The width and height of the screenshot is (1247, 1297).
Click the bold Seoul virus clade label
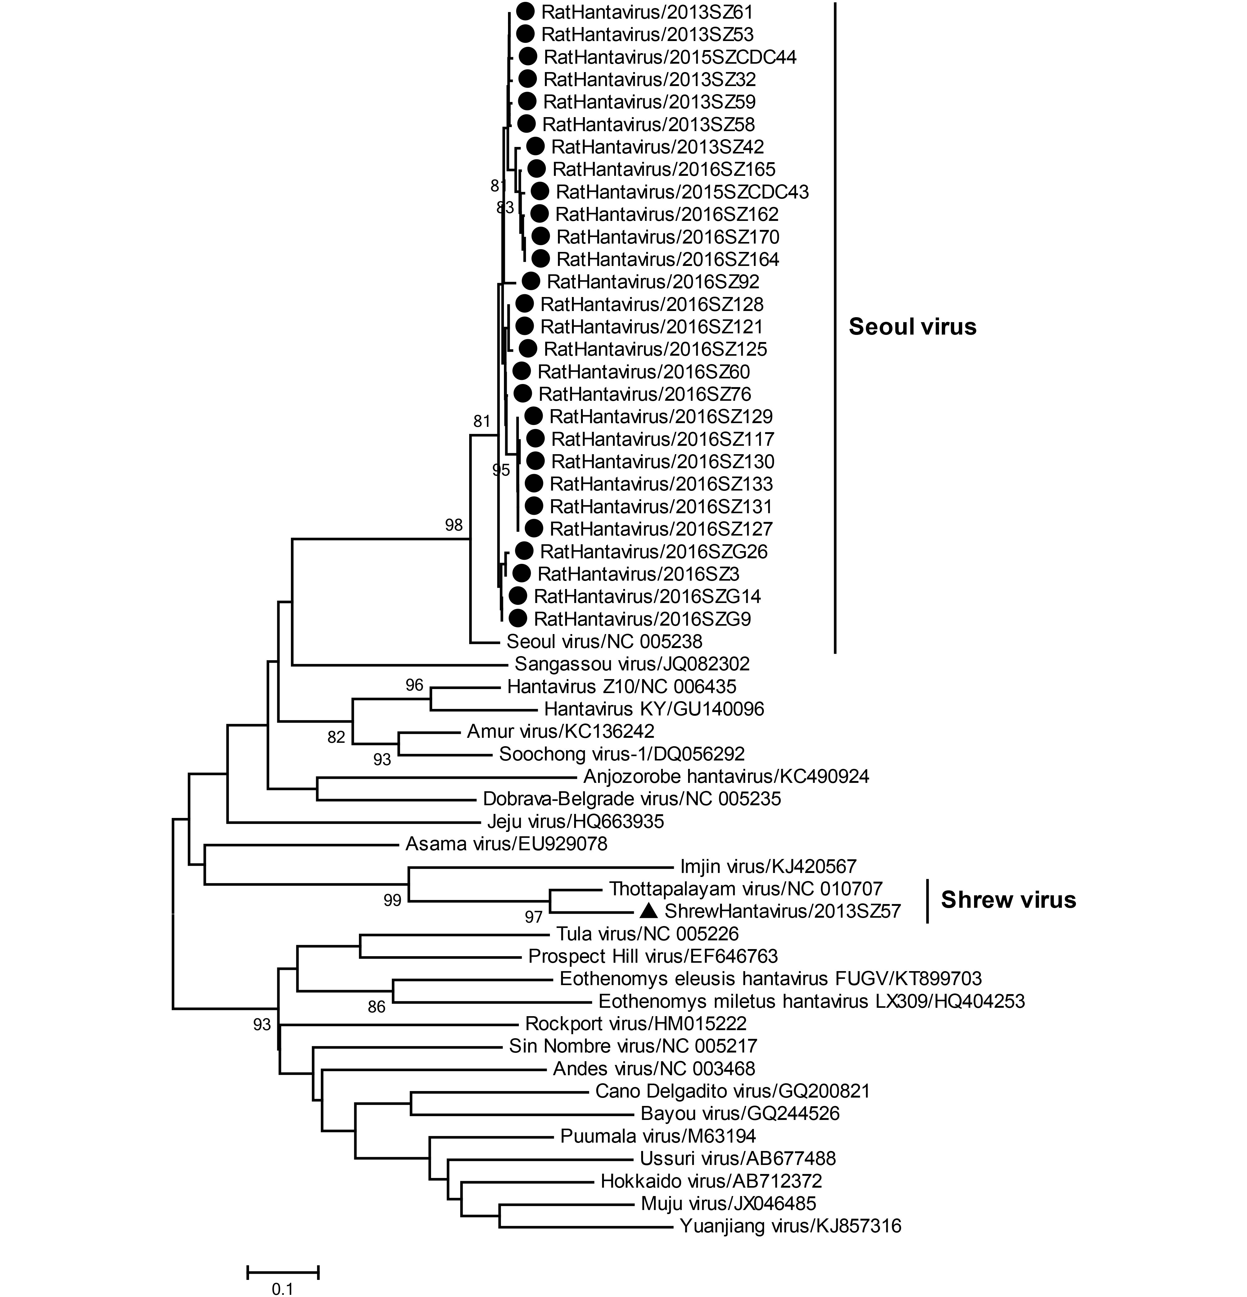pyautogui.click(x=912, y=327)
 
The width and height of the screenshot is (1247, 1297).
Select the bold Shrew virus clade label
pyautogui.click(x=1008, y=900)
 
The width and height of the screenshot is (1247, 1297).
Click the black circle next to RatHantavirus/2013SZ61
pyautogui.click(x=525, y=11)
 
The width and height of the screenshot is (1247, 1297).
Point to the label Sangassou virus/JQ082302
pyautogui.click(x=633, y=664)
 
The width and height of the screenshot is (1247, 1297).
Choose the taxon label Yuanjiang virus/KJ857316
pyautogui.click(x=791, y=1226)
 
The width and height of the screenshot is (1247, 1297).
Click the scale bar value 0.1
pyautogui.click(x=283, y=1288)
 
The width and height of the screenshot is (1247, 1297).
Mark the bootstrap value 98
pyautogui.click(x=454, y=525)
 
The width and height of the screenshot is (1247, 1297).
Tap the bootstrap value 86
pyautogui.click(x=376, y=1007)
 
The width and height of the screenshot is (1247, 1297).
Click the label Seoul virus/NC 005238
pyautogui.click(x=605, y=641)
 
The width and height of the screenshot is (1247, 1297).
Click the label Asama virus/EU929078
pyautogui.click(x=506, y=844)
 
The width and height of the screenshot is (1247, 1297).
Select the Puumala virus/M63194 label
pyautogui.click(x=658, y=1136)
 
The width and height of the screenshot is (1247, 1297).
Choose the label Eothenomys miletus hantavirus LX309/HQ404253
pyautogui.click(x=812, y=1001)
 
